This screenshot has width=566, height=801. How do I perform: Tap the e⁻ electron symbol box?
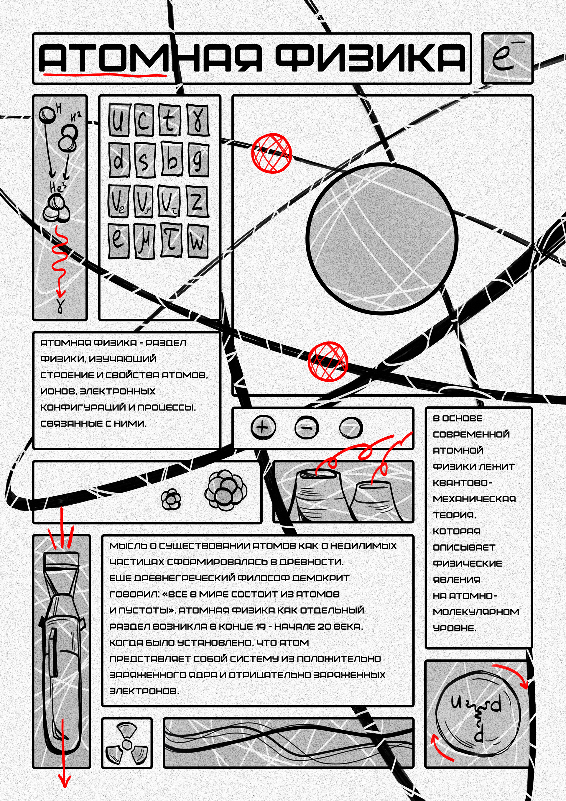point(507,58)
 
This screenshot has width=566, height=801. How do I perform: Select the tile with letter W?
point(198,241)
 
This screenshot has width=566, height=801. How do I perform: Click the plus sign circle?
point(263,427)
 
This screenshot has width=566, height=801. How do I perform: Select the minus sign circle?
point(307,427)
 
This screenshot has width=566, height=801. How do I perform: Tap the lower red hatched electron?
point(328,361)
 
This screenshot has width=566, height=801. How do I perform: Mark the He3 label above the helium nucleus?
point(57,188)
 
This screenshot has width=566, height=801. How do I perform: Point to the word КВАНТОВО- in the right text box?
point(462,483)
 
